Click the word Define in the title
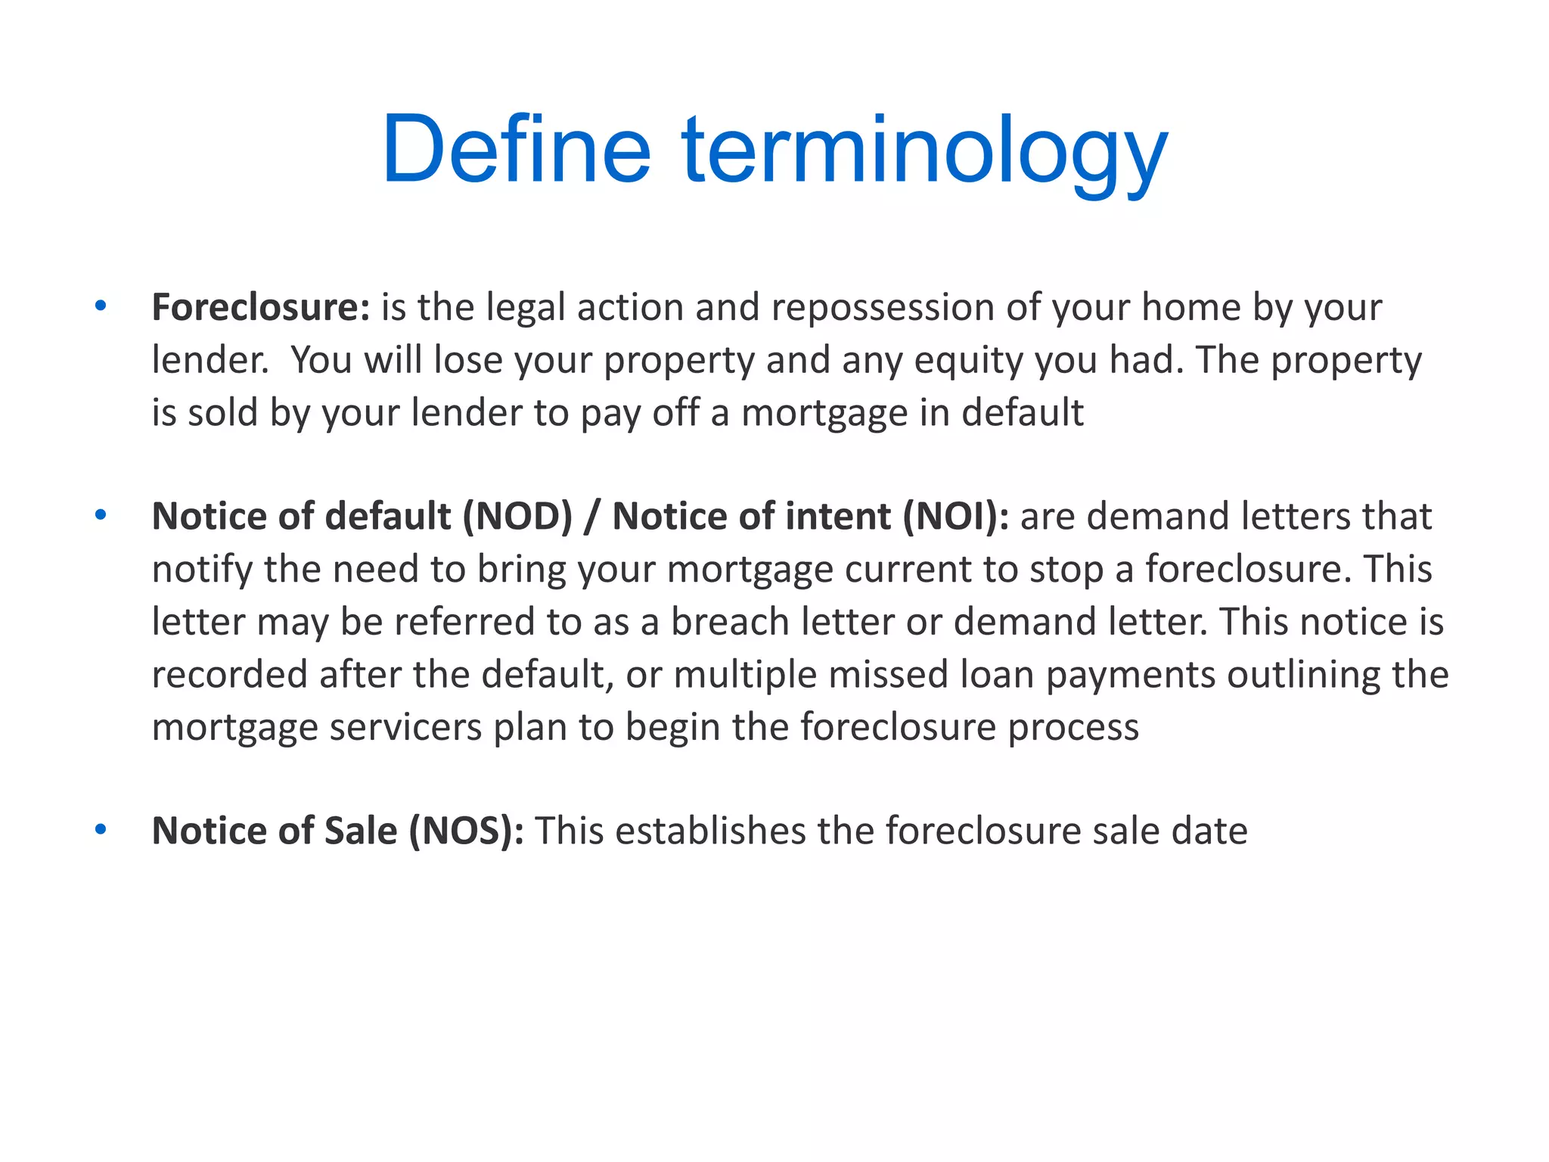517,149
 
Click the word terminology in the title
925,149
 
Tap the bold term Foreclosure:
260,307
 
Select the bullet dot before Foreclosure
101,306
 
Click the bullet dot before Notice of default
101,515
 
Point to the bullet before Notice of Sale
101,830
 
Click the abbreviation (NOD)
517,517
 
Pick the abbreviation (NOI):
955,517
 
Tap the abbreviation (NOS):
466,831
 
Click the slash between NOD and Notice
591,517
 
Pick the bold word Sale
360,831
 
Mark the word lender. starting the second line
210,360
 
